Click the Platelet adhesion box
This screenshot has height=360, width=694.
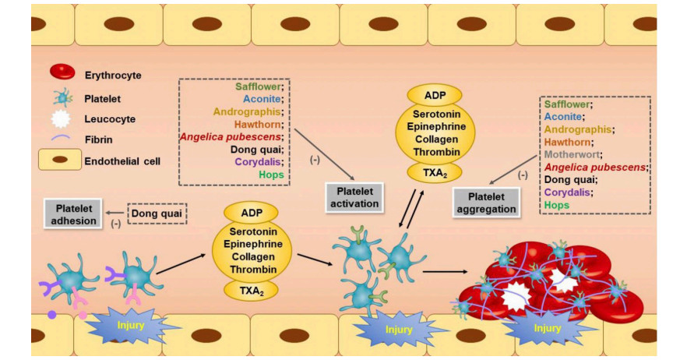(76, 214)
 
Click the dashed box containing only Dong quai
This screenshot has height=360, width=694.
(157, 213)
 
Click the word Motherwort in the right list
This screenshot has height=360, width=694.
(573, 154)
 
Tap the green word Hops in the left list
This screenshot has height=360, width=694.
(269, 175)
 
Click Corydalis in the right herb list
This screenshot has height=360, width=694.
(570, 192)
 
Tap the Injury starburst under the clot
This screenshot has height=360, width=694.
(548, 328)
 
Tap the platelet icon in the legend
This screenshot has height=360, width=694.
(61, 98)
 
